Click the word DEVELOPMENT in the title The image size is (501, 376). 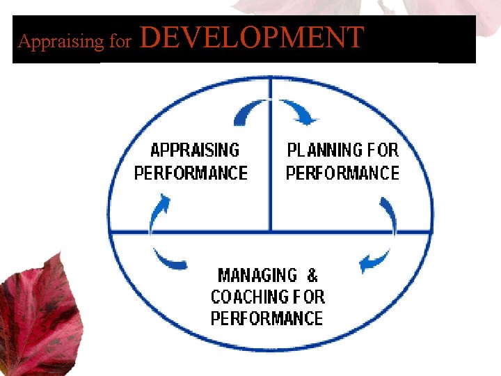coord(252,37)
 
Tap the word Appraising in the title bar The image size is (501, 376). coord(61,42)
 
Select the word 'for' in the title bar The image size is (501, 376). coord(120,42)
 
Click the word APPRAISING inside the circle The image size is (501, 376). coord(195,150)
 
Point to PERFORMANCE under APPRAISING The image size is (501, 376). coord(191,173)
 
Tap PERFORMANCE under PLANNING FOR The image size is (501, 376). coord(342,173)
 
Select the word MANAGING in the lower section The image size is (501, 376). coord(257,275)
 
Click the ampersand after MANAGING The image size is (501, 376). coord(312,275)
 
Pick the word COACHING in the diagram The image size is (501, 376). coord(249,297)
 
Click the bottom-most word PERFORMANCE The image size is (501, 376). coord(267,319)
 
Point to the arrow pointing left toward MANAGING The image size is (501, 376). coord(375,261)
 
